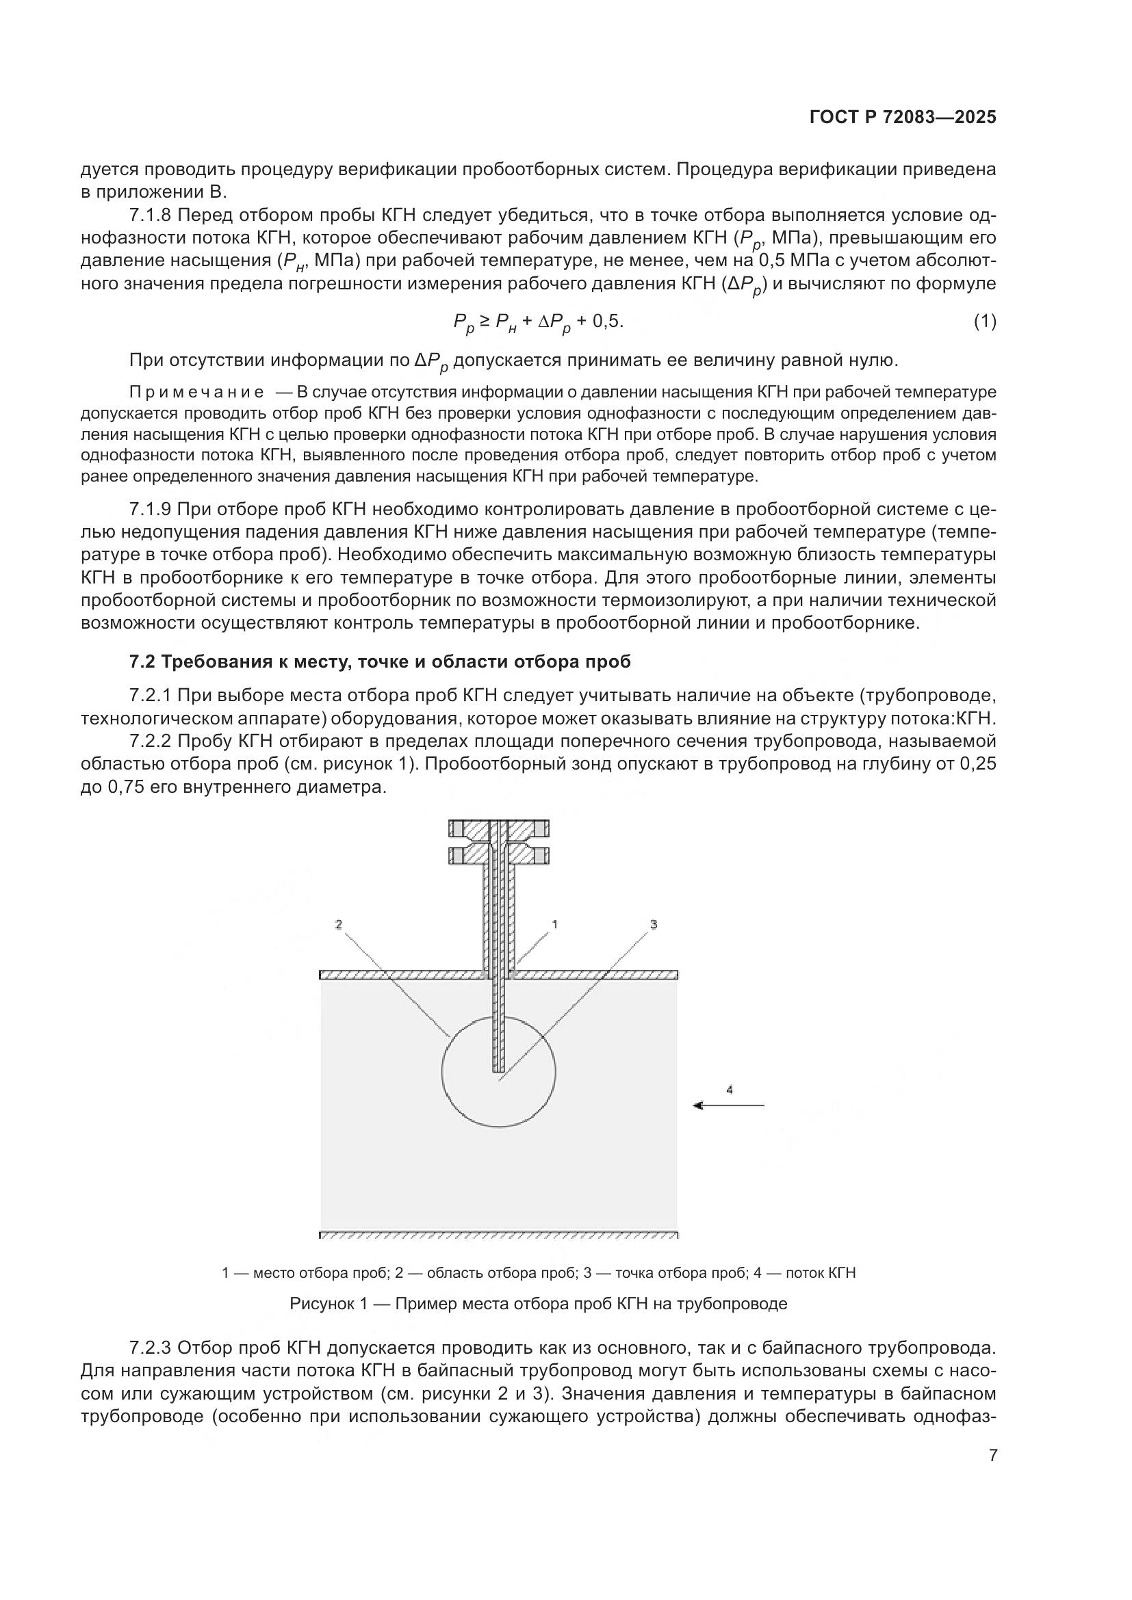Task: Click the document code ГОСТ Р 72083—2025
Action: click(x=903, y=118)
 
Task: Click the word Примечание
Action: click(x=197, y=393)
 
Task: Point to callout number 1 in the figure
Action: click(x=555, y=925)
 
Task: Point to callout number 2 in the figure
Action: click(x=339, y=925)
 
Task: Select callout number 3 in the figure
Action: click(x=653, y=925)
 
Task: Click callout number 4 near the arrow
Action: click(x=729, y=1089)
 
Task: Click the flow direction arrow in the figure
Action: click(x=728, y=1105)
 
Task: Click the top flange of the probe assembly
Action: click(x=499, y=828)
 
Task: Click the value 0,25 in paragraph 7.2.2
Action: click(x=978, y=764)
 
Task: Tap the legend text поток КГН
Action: click(x=821, y=1273)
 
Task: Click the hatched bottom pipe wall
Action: click(x=499, y=1235)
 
